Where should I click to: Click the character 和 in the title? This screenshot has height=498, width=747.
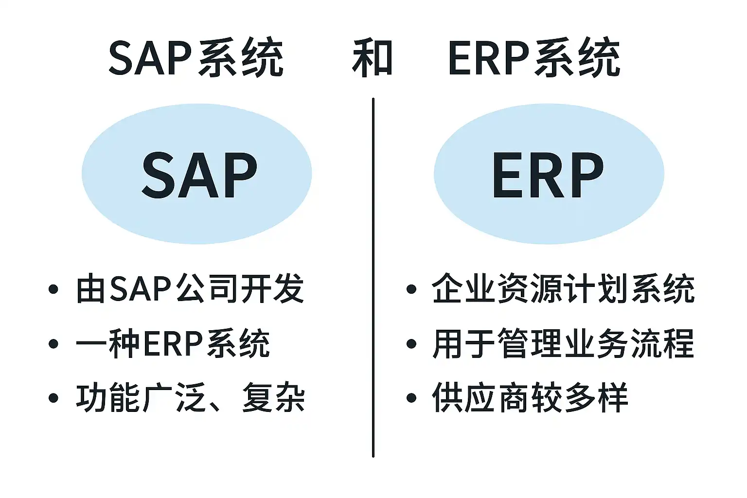tap(372, 58)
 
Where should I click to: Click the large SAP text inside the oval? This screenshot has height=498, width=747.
tap(200, 175)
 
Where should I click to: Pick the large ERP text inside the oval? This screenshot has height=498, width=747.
tap(548, 175)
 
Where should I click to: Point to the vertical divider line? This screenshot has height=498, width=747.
tap(373, 278)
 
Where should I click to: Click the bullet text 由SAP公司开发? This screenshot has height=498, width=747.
tap(190, 288)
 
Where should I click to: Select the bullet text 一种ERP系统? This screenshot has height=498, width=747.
tap(173, 343)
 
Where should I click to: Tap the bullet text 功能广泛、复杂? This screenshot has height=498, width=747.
tap(191, 398)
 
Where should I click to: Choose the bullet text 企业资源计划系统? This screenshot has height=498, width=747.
tap(563, 288)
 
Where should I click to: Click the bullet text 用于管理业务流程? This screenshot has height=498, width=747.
tap(563, 343)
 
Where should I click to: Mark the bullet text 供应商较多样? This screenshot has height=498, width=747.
tap(530, 398)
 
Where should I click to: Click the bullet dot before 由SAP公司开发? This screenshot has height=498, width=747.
tap(53, 289)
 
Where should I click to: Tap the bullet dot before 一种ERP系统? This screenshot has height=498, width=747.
tap(53, 344)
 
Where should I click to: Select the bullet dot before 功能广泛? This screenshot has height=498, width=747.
tap(53, 398)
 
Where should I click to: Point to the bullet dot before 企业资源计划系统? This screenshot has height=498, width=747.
tap(411, 289)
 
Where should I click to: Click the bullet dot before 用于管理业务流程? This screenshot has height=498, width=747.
tap(411, 344)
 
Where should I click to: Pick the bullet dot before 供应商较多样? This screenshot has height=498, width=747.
tap(411, 398)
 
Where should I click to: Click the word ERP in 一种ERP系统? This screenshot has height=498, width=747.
tap(173, 343)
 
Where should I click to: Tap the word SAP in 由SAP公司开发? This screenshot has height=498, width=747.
tap(141, 289)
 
